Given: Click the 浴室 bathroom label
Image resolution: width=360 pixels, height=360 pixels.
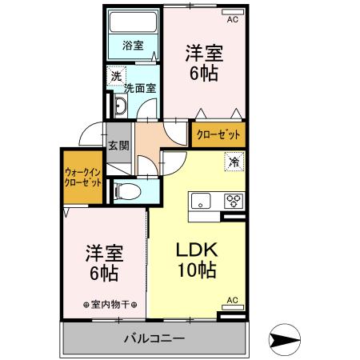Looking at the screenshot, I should (x=133, y=46).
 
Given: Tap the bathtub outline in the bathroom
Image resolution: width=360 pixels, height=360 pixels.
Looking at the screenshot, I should (x=133, y=23).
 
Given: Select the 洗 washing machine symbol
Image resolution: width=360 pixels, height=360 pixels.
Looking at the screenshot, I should (x=116, y=77).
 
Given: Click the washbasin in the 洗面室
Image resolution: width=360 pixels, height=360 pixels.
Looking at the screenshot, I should (x=119, y=107).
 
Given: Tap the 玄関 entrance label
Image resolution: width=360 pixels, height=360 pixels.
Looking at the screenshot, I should (x=118, y=146).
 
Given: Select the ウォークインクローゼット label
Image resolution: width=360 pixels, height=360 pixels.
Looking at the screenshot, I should (x=83, y=177).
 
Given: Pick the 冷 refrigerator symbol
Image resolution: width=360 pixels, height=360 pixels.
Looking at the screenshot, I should (x=234, y=162).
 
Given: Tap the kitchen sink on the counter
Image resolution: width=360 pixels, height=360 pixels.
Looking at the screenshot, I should (x=202, y=200).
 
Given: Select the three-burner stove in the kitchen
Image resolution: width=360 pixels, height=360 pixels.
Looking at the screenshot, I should (x=233, y=200).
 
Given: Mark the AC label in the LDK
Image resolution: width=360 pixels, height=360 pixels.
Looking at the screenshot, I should (x=233, y=300).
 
